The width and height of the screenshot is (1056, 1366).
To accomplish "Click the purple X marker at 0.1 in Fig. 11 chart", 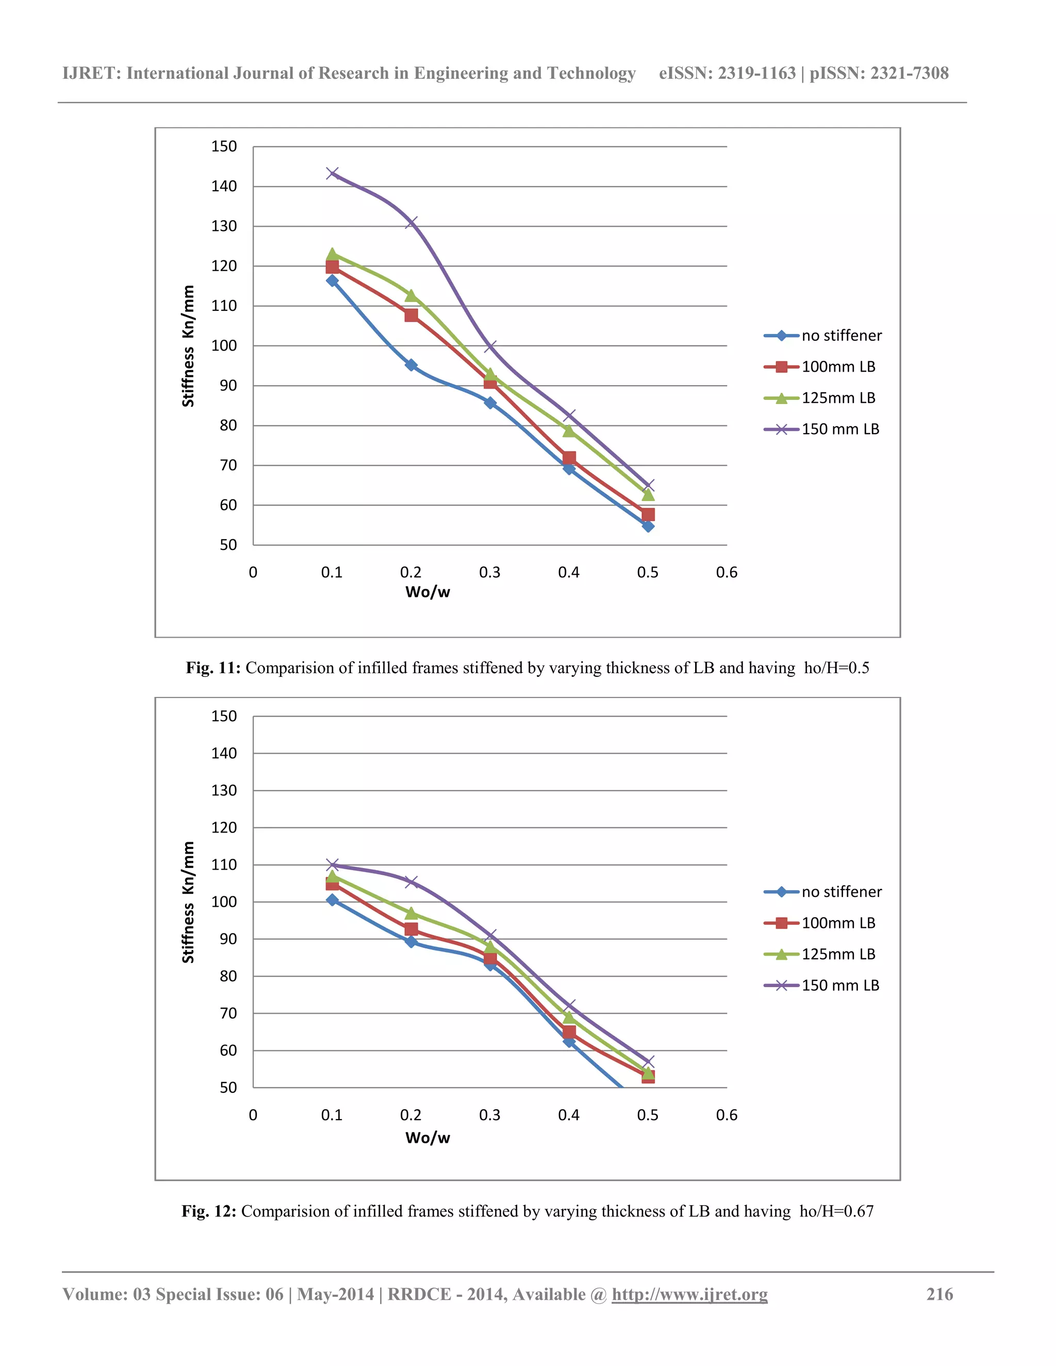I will click(332, 173).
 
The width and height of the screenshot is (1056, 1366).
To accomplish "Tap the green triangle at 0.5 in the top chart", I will click(648, 494).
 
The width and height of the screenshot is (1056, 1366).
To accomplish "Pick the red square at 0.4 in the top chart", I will click(569, 458).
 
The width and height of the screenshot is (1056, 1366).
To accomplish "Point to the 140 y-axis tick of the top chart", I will click(224, 187).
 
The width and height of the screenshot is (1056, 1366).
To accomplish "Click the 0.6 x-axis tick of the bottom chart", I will click(727, 1114).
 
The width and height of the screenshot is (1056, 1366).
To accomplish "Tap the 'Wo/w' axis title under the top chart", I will click(427, 592).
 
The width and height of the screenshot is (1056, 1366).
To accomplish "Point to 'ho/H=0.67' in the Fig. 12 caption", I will click(836, 1211).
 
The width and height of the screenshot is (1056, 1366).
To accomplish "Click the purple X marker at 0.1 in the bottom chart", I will click(332, 865).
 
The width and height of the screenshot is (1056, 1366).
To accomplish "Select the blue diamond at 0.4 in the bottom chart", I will click(569, 1041).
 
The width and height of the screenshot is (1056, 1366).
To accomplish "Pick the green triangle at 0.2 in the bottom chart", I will click(411, 913).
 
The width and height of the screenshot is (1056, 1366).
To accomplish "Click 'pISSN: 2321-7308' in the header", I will click(879, 73).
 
